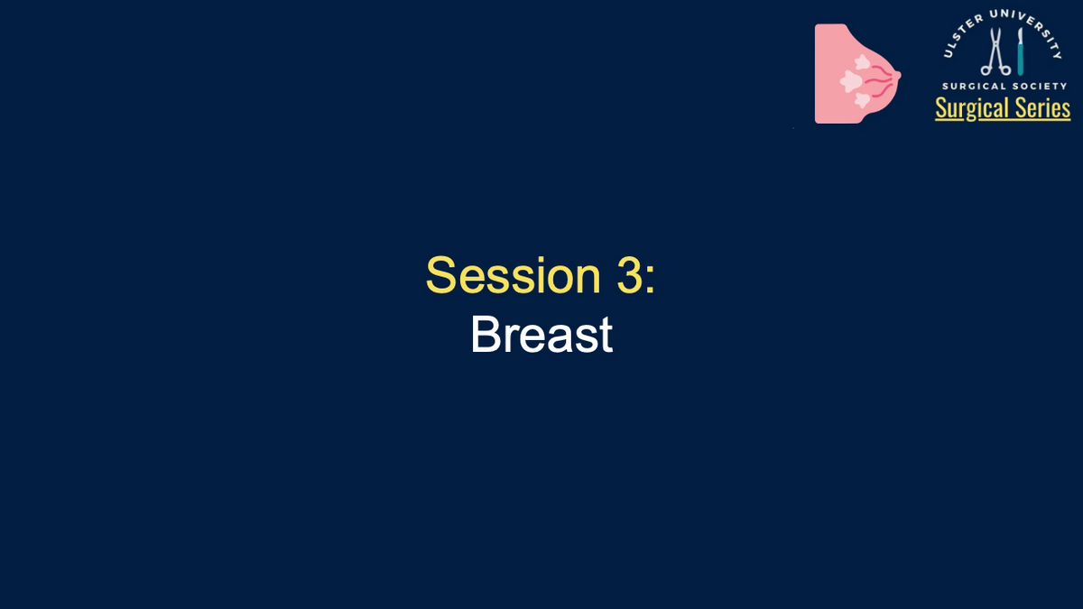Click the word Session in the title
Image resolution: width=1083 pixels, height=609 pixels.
tap(514, 275)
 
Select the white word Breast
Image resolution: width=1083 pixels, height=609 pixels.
tap(542, 335)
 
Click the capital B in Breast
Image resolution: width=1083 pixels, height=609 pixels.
tap(485, 335)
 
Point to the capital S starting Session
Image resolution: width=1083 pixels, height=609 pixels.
tap(441, 275)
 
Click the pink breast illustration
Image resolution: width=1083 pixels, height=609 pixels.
tap(857, 73)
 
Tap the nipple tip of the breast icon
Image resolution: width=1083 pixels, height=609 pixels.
tap(898, 75)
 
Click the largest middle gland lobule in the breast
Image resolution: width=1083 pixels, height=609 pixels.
tap(851, 80)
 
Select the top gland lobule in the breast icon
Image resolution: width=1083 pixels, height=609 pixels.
tap(862, 62)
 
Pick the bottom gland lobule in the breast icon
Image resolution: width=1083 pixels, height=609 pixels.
tap(863, 100)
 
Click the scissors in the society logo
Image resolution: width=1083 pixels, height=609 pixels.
tap(995, 51)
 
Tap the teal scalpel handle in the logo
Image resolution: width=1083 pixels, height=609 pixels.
tap(1020, 60)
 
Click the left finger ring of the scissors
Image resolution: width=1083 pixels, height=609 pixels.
tap(986, 71)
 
